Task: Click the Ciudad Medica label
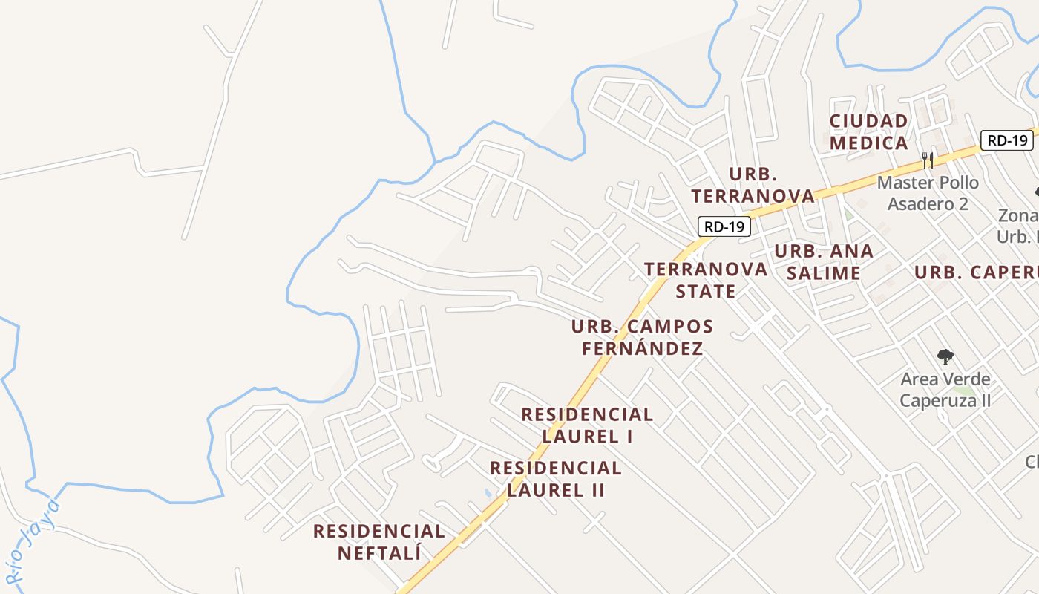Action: tap(868, 131)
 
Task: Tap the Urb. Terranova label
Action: tap(753, 185)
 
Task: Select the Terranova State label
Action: tap(706, 279)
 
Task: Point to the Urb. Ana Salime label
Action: tap(824, 262)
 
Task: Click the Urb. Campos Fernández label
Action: tap(642, 337)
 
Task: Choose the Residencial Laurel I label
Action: tap(587, 425)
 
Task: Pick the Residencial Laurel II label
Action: tap(556, 479)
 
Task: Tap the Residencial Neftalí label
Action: tap(379, 542)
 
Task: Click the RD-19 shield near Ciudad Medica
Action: tap(1006, 140)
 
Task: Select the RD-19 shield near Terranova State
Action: tap(724, 226)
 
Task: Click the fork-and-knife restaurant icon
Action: tap(927, 159)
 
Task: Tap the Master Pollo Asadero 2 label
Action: tap(928, 193)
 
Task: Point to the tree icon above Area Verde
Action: tap(945, 357)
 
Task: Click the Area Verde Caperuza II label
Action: tap(945, 390)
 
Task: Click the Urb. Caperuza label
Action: tap(976, 272)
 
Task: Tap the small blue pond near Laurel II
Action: tap(488, 492)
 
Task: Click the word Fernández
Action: tap(642, 348)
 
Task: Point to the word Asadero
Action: tap(928, 203)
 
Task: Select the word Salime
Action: tap(824, 273)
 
